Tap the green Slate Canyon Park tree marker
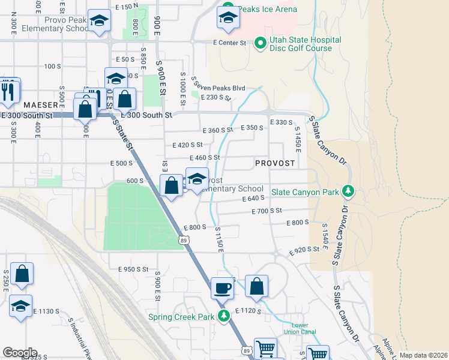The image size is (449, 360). pyautogui.click(x=348, y=191)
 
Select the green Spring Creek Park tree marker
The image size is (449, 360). pyautogui.click(x=224, y=316)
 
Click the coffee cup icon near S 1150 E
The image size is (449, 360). pyautogui.click(x=222, y=287)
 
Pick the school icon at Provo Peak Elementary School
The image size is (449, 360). pyautogui.click(x=99, y=22)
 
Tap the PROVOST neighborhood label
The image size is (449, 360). pyautogui.click(x=275, y=163)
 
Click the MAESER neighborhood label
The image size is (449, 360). pyautogui.click(x=40, y=104)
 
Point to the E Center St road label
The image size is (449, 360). pyautogui.click(x=230, y=43)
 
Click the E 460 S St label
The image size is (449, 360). pyautogui.click(x=205, y=158)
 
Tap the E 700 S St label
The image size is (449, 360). pyautogui.click(x=267, y=211)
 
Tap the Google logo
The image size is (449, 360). pyautogui.click(x=20, y=353)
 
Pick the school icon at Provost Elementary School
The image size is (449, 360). pyautogui.click(x=197, y=179)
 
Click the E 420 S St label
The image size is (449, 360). pyautogui.click(x=187, y=145)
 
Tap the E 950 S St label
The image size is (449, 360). pyautogui.click(x=133, y=269)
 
